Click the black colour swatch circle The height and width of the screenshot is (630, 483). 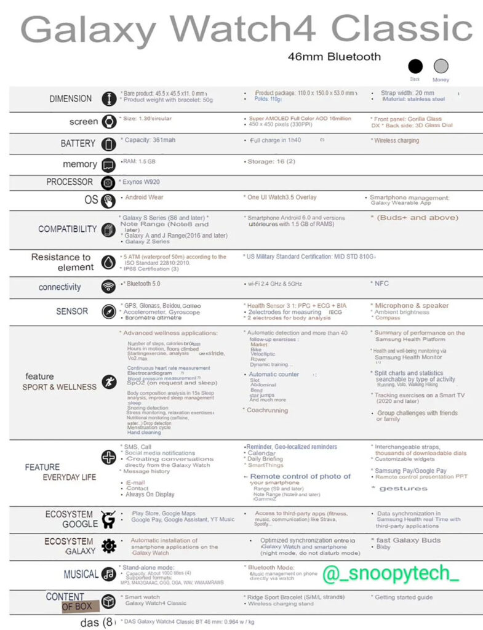[x=416, y=66]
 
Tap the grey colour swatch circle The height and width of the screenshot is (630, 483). [x=441, y=66]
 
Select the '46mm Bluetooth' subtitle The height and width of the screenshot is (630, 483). [x=334, y=57]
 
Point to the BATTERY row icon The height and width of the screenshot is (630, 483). [x=109, y=144]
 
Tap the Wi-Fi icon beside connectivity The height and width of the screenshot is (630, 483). [x=109, y=287]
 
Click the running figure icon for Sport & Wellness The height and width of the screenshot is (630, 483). [x=109, y=381]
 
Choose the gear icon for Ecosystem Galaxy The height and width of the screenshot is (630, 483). [x=109, y=546]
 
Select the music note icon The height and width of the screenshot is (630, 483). [x=109, y=574]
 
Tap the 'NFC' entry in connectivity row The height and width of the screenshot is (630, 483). [x=381, y=284]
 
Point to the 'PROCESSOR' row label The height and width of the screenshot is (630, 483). [x=70, y=182]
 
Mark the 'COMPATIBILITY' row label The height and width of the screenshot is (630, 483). [x=68, y=229]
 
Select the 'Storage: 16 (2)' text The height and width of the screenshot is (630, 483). [x=270, y=161]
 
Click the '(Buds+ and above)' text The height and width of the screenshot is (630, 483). [x=414, y=218]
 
